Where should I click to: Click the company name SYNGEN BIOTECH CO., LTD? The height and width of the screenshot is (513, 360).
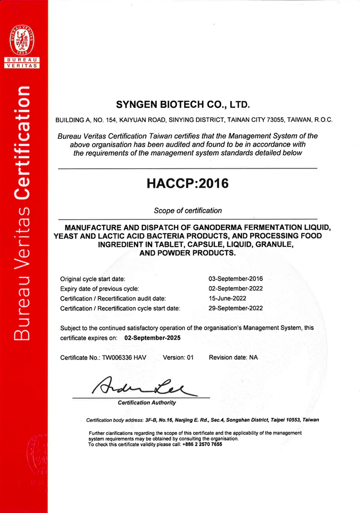point(183,103)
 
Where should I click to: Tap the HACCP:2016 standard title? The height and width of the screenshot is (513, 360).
point(187,184)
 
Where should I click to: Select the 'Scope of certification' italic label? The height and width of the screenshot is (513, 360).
point(187,210)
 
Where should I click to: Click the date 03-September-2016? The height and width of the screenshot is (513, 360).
point(236,279)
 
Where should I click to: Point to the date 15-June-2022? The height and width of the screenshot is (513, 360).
point(228,298)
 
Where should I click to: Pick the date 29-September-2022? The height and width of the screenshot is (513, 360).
point(236,308)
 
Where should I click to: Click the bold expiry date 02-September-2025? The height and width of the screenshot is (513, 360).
point(153,338)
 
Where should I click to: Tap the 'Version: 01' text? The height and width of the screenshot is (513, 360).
point(178,358)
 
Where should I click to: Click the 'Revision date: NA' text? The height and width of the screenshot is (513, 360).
point(233,358)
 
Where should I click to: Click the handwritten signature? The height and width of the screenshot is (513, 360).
point(140,385)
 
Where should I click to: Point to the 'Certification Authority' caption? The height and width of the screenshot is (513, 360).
point(147,402)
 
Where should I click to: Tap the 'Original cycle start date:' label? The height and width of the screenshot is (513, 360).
point(93,279)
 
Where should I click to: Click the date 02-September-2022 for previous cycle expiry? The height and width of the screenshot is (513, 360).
point(236,289)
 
